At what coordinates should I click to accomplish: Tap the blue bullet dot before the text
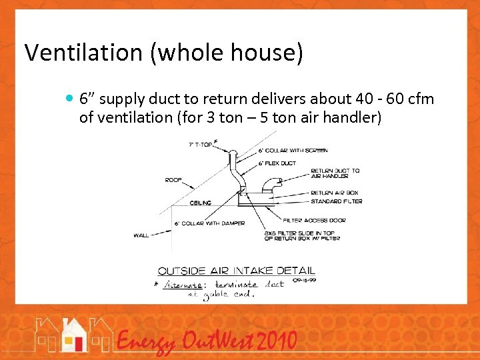71,99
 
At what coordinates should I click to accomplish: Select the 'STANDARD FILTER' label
336,201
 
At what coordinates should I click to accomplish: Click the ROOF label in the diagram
173,180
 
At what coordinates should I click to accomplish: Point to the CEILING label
201,203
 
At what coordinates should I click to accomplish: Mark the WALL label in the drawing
141,235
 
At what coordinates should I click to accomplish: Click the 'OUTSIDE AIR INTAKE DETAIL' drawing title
236,271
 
